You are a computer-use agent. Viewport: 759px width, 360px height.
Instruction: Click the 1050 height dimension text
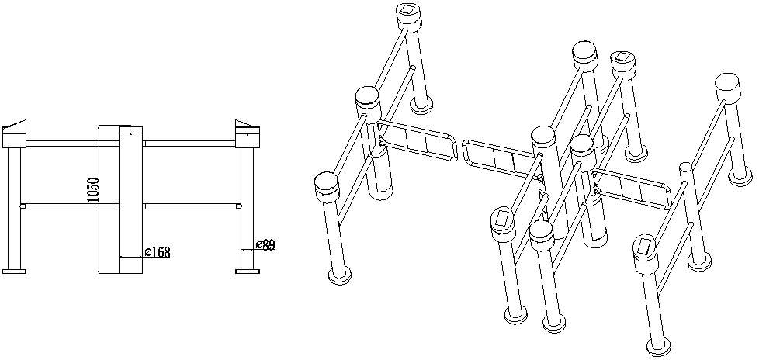tap(94, 189)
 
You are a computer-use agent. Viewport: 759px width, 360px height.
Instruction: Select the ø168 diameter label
tap(158, 252)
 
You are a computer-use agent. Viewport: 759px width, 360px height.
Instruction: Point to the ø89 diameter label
tap(265, 245)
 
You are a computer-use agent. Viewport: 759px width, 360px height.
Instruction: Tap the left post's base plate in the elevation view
tap(14, 272)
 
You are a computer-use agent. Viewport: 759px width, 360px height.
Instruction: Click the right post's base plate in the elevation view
tap(248, 272)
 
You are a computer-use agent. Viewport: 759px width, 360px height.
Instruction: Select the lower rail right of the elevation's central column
tap(192, 206)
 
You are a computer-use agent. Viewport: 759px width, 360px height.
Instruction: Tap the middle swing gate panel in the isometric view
tap(502, 157)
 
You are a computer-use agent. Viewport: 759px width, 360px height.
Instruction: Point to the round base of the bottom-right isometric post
tap(658, 347)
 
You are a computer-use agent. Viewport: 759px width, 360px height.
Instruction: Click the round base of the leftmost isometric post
tap(340, 276)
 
